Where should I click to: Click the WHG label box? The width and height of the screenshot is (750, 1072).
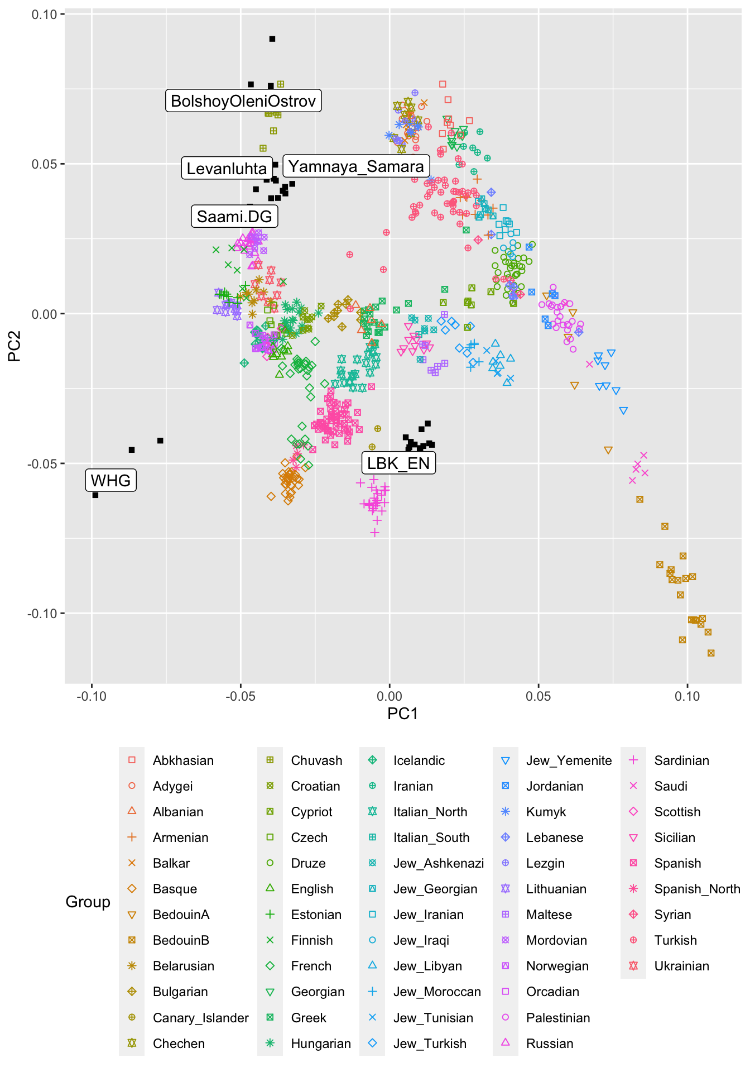click(110, 480)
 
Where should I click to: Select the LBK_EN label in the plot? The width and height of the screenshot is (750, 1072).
click(398, 463)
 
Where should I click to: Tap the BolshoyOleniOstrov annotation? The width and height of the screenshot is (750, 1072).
click(243, 100)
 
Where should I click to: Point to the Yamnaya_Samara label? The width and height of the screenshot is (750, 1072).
click(356, 166)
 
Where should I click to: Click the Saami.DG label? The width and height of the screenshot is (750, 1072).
click(234, 216)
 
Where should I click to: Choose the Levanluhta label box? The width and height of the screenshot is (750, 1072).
click(227, 168)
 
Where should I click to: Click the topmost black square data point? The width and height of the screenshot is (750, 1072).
click(272, 39)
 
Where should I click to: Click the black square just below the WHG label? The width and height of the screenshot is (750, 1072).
click(95, 495)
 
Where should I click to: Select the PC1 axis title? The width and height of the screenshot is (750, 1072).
click(402, 714)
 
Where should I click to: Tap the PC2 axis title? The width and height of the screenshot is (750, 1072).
click(15, 346)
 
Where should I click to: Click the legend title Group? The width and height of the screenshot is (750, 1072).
click(88, 902)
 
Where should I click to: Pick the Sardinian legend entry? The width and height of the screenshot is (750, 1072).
click(681, 760)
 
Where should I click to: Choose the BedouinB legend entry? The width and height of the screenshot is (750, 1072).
click(181, 940)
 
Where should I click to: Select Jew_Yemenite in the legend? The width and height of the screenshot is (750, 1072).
click(569, 760)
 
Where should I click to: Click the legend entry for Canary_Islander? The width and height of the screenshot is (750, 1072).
click(200, 1018)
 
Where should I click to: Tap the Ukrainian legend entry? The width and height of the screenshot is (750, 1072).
click(681, 966)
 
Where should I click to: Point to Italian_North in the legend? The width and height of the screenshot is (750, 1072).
click(430, 812)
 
